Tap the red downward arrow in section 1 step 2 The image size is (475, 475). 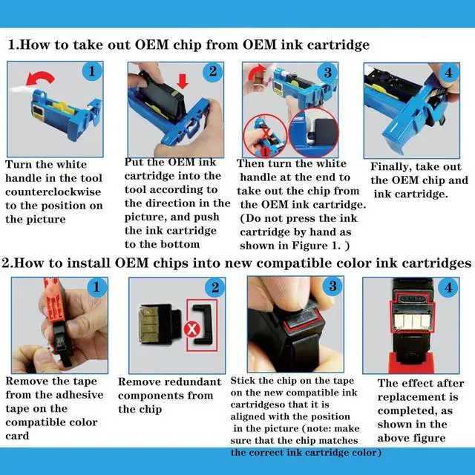(x=183, y=81)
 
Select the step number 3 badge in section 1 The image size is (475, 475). (x=328, y=73)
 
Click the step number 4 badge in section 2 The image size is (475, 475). (x=448, y=287)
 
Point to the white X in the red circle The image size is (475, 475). (x=192, y=329)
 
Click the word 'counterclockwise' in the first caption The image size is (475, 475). (x=53, y=191)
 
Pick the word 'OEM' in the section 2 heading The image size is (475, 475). (x=131, y=263)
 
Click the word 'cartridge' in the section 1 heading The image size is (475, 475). (x=338, y=45)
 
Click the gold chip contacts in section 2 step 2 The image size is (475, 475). (x=148, y=324)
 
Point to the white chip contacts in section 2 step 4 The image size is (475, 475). (x=412, y=322)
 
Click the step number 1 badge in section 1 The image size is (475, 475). (x=92, y=71)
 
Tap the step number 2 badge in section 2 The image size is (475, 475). (x=214, y=287)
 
